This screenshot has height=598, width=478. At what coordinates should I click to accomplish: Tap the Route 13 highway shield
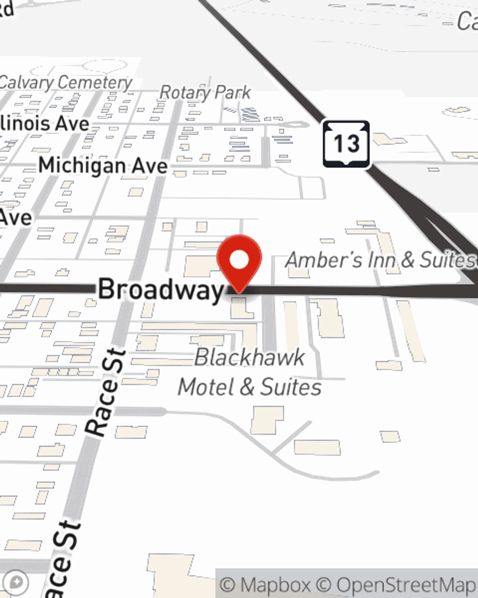tap(346, 144)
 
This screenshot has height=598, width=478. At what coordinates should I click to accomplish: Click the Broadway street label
tap(161, 289)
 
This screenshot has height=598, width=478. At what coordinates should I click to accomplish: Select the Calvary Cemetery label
tap(65, 83)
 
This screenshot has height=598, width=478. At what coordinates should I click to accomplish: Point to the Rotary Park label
tap(205, 92)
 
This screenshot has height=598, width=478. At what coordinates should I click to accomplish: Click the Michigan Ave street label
tap(103, 166)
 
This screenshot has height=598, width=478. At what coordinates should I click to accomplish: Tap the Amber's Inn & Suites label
tap(380, 260)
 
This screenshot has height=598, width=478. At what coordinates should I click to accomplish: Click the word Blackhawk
tap(250, 357)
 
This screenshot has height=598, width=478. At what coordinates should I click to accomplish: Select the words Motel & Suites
tap(250, 387)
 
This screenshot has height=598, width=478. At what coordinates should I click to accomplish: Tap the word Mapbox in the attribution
tap(275, 585)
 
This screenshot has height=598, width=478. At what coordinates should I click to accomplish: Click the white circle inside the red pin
tap(239, 260)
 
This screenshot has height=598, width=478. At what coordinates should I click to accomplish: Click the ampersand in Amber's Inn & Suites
tap(408, 260)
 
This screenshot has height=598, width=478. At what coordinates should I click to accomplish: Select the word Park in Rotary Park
tap(232, 92)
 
